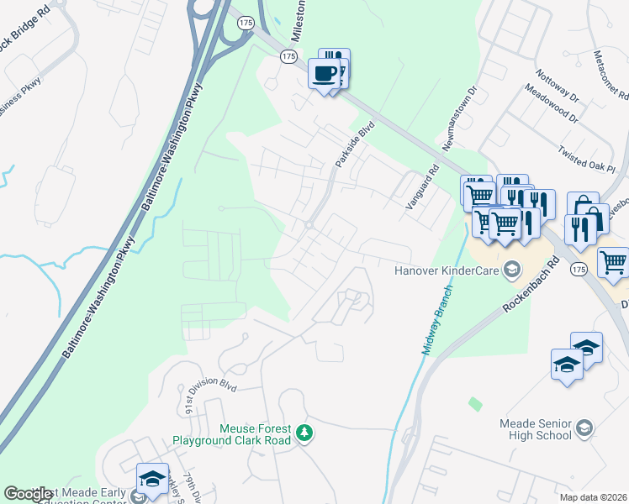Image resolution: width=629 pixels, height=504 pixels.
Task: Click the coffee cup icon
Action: point(325,74)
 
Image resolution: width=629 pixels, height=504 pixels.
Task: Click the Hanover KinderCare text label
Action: point(447,271)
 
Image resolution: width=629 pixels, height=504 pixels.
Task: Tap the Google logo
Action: point(28,494)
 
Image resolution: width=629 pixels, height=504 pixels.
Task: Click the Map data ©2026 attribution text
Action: point(593,497)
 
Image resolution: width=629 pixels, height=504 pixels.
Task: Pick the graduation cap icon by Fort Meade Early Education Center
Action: point(151,479)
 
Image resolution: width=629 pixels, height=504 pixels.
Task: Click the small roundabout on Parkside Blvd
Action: point(309,224)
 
